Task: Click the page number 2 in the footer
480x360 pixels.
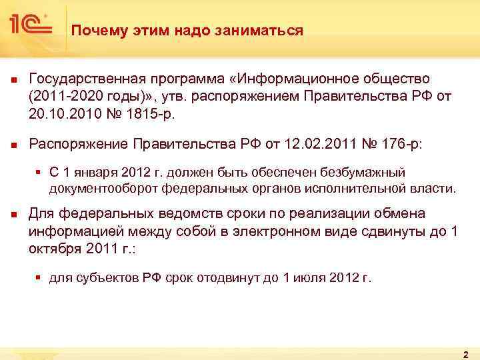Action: tap(465, 353)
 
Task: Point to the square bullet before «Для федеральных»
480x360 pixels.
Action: tap(13, 215)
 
